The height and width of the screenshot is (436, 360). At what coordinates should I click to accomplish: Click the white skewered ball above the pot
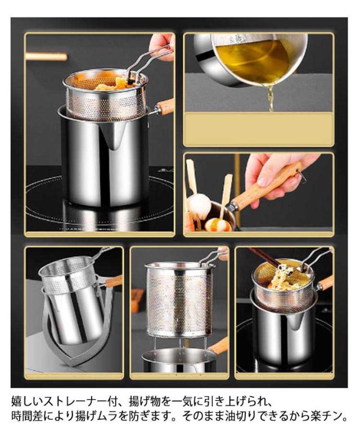coord(199,206)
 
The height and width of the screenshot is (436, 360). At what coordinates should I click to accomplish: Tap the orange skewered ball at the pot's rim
coord(218,224)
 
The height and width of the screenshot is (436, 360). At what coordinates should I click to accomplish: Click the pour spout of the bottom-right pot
coord(294,319)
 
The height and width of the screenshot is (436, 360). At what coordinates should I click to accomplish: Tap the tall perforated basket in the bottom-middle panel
coord(179,300)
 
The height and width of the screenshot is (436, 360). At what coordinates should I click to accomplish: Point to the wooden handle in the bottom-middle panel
coord(218,346)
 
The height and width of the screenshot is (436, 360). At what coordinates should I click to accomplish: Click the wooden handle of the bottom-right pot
coord(325,283)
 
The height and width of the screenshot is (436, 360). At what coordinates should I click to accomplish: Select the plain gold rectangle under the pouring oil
coord(259,129)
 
